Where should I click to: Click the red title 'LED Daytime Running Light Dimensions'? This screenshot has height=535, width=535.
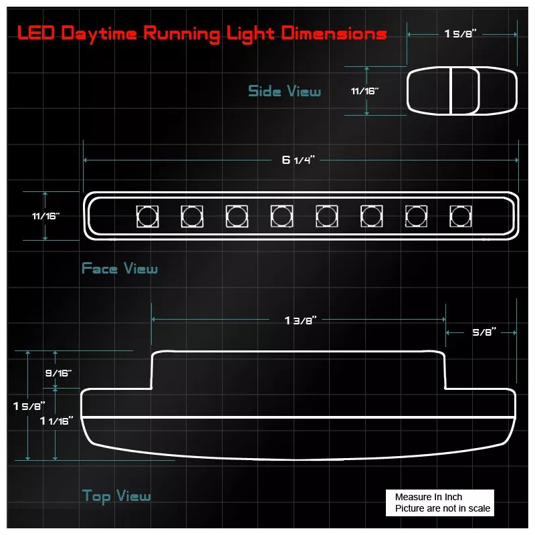point(201,33)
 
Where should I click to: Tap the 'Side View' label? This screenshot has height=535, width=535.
point(284,91)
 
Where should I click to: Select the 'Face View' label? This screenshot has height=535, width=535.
point(120,269)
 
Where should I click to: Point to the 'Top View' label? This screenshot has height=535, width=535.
point(116,496)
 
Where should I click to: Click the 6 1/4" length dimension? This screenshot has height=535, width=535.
point(298,160)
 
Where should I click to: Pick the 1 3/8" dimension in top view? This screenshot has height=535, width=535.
point(300,320)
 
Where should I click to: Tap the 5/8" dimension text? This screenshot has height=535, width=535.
point(484,332)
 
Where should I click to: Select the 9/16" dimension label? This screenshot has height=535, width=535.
point(58,373)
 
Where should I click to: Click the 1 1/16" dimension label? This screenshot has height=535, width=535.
point(57,421)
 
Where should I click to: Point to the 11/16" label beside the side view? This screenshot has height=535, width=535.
point(364,91)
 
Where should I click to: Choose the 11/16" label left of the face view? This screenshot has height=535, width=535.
point(45,216)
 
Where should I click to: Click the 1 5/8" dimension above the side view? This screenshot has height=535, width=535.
point(460,34)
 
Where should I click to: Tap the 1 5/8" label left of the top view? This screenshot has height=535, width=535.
point(29,405)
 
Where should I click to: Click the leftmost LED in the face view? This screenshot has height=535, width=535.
point(147,216)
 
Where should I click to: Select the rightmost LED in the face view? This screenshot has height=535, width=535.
point(460,216)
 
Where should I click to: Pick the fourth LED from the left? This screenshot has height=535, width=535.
point(282,216)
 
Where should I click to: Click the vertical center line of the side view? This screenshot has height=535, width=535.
point(451,91)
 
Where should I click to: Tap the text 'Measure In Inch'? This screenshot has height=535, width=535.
point(428,497)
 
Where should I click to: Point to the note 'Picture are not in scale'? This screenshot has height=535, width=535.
point(442,509)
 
